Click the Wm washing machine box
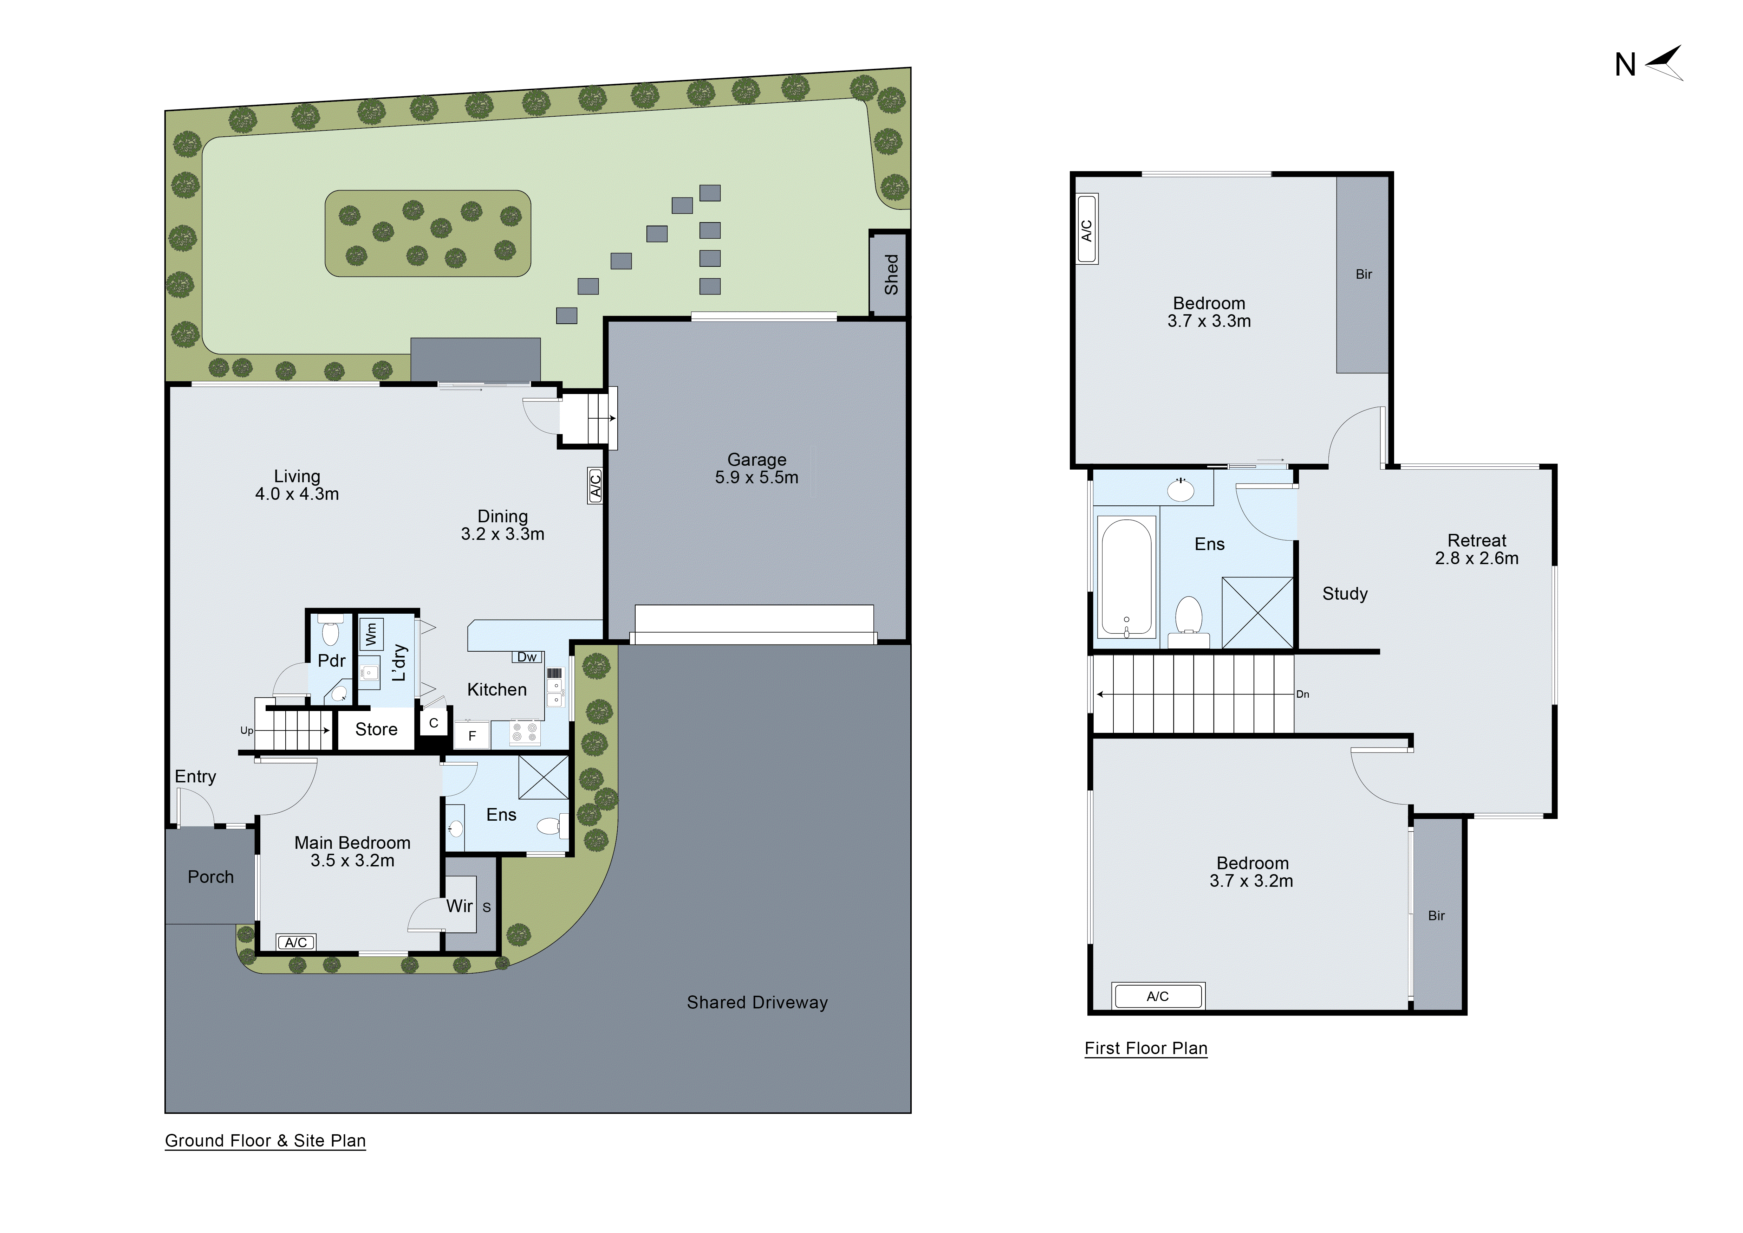370,633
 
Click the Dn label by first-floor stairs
1303,694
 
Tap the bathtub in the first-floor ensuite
1126,577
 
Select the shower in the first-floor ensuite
1257,613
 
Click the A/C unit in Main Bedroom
296,942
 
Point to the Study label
1345,594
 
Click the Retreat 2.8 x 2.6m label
1477,549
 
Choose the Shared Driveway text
757,1002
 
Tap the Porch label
210,877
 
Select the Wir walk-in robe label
459,906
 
